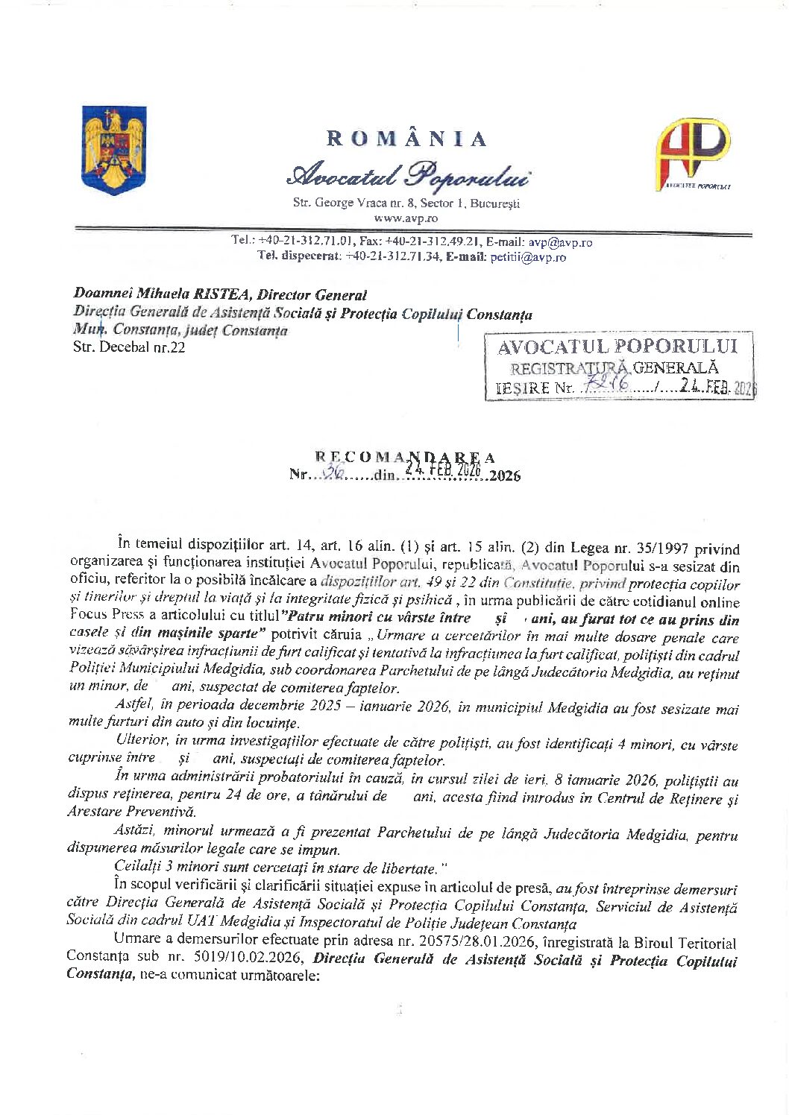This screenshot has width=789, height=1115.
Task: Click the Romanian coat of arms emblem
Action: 114,151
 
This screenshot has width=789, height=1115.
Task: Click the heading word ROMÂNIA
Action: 407,139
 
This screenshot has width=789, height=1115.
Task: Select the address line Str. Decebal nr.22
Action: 128,347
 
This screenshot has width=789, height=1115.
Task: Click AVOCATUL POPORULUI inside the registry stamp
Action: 617,347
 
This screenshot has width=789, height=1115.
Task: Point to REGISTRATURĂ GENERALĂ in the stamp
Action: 614,367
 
